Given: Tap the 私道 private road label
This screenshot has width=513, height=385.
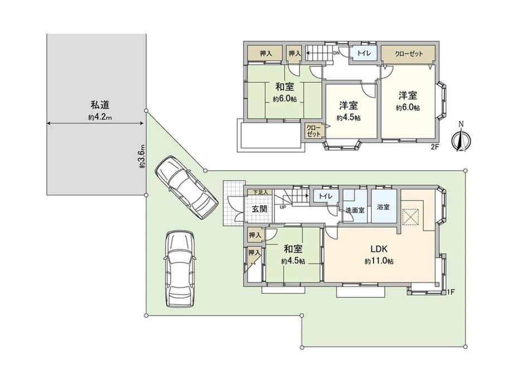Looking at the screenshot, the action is pyautogui.click(x=100, y=105).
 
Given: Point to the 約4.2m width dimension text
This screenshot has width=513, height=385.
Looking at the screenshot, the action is pyautogui.click(x=100, y=117).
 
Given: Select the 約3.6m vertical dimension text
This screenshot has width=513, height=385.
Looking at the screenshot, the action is pyautogui.click(x=142, y=156).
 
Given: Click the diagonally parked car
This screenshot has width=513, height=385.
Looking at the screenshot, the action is pyautogui.click(x=186, y=187).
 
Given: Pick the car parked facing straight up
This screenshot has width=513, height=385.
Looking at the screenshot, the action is pyautogui.click(x=180, y=269).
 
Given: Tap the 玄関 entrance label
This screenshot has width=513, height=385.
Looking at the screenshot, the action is pyautogui.click(x=259, y=209).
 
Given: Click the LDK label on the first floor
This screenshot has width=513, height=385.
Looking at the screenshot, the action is pyautogui.click(x=379, y=249).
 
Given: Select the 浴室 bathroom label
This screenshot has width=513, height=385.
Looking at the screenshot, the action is pyautogui.click(x=383, y=207).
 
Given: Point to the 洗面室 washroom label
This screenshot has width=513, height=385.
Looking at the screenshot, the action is pyautogui.click(x=355, y=210).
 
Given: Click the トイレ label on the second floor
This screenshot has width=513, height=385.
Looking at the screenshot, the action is pyautogui.click(x=364, y=53).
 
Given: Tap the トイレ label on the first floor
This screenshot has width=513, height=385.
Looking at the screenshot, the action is pyautogui.click(x=326, y=196).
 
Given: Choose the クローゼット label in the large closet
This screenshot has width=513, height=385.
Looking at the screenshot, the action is pyautogui.click(x=409, y=54).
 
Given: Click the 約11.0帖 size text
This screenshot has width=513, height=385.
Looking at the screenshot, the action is pyautogui.click(x=379, y=261).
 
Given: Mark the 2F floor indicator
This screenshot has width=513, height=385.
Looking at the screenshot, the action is pyautogui.click(x=434, y=147).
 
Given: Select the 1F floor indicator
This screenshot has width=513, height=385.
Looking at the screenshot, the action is pyautogui.click(x=451, y=292).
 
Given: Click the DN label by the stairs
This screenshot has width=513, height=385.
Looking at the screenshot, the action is pyautogui.click(x=336, y=52).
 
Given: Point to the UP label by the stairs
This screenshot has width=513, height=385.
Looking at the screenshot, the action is pyautogui.click(x=283, y=206).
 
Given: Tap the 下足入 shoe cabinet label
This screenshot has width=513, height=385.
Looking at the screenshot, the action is pyautogui.click(x=261, y=192).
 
